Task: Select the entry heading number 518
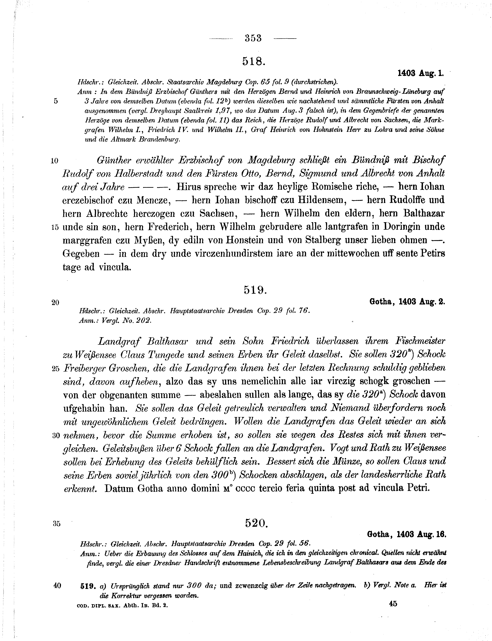254,61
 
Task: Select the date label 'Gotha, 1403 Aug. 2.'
406,302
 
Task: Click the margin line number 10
54,161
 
